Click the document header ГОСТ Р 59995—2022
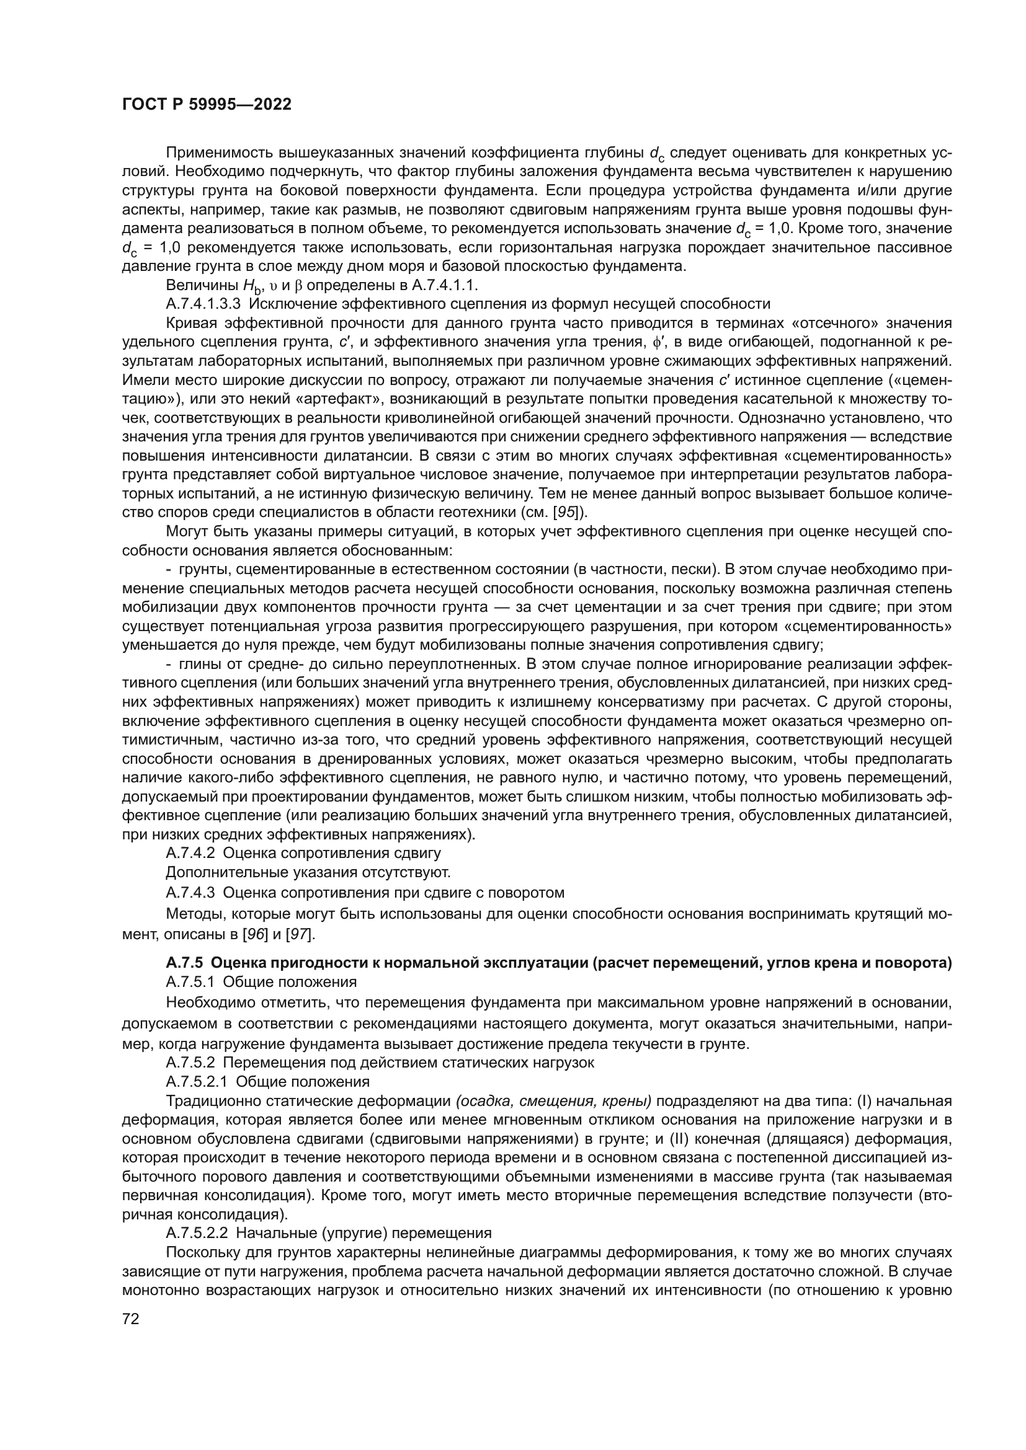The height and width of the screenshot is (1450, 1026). [207, 105]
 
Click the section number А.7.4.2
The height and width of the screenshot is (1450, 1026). [190, 853]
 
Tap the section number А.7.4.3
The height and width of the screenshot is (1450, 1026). [190, 892]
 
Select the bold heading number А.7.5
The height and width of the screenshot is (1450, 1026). [184, 963]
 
